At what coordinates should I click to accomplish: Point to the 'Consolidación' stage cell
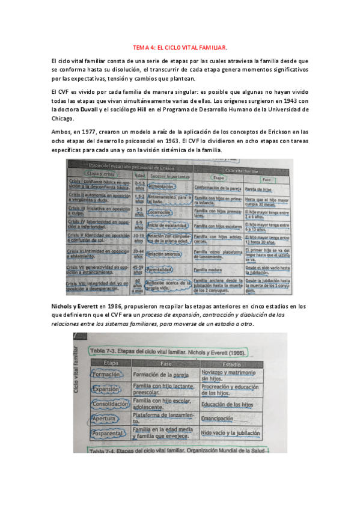pos(109,404)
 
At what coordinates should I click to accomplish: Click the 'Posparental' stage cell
pos(109,433)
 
